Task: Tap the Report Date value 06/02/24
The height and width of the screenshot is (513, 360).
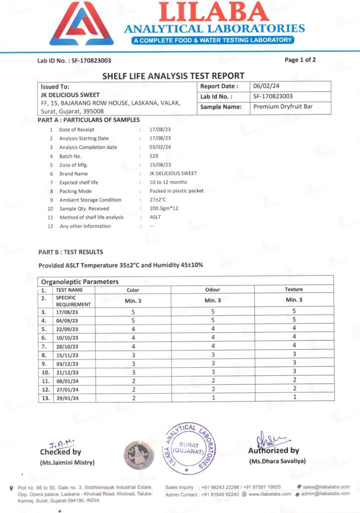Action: tap(267, 86)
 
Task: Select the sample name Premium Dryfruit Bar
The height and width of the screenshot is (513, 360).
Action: tap(283, 107)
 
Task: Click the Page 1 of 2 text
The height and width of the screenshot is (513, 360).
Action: tap(300, 60)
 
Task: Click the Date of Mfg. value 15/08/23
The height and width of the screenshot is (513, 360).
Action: tap(160, 165)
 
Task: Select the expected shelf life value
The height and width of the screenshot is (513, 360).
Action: tap(168, 182)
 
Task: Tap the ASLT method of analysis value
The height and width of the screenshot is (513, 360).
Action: tap(155, 217)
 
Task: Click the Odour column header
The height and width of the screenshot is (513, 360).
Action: tap(213, 290)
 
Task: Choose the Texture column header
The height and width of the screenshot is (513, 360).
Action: tap(294, 290)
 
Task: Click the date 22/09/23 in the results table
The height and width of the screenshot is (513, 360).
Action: tap(67, 329)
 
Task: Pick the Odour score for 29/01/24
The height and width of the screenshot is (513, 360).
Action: tap(213, 397)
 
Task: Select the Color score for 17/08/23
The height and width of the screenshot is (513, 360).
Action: tap(133, 311)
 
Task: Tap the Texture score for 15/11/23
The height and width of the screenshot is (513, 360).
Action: tap(294, 354)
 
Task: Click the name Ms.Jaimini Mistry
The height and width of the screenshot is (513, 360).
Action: tap(67, 462)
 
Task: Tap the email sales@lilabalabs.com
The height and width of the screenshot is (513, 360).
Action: tap(326, 487)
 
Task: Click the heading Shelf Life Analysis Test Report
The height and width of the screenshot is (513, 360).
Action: tap(173, 76)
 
